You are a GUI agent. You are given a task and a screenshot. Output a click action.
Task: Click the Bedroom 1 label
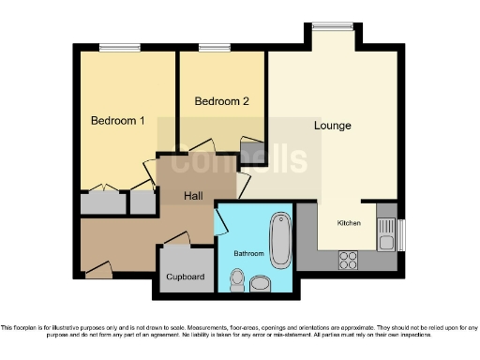click(x=118, y=121)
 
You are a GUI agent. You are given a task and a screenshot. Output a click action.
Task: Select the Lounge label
click(x=333, y=126)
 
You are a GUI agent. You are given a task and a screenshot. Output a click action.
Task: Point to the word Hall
click(x=194, y=196)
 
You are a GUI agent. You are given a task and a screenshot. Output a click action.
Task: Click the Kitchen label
click(x=349, y=223)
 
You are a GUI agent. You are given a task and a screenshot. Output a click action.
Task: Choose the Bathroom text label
click(x=248, y=254)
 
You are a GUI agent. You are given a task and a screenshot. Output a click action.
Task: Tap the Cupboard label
click(x=185, y=277)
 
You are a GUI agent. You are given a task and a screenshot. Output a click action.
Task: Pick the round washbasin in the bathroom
click(x=260, y=281)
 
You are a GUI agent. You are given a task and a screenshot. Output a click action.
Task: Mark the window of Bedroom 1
click(x=119, y=48)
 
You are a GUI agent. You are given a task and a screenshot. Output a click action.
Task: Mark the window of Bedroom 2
click(x=215, y=48)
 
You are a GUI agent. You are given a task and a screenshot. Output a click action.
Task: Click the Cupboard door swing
click(x=178, y=240)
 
